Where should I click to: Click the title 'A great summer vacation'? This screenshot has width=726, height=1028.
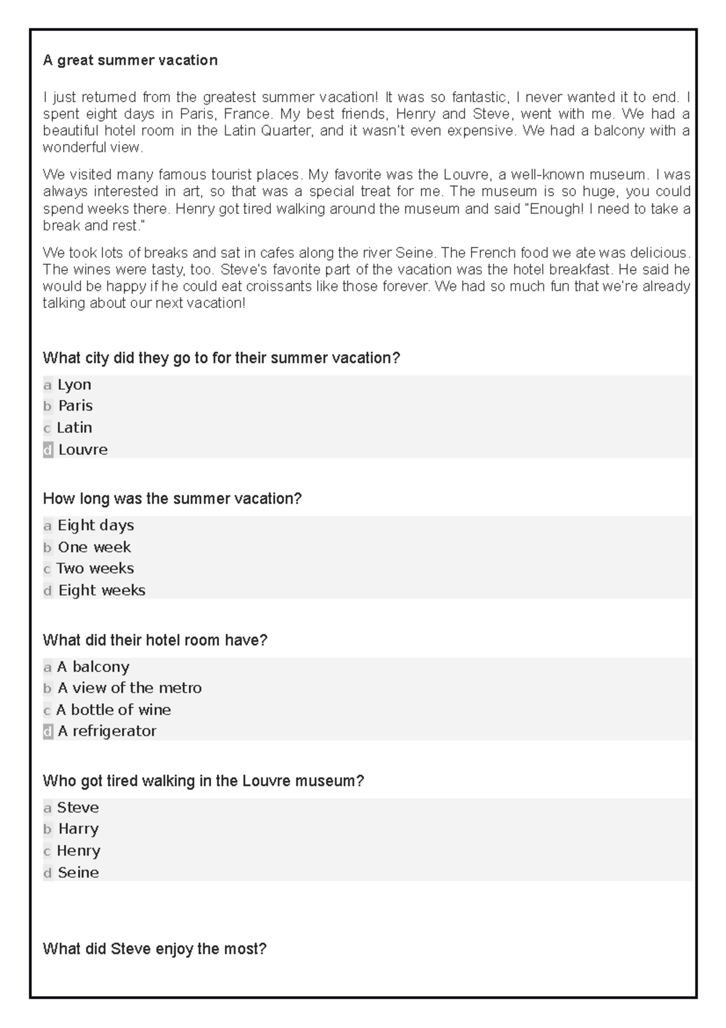tap(130, 61)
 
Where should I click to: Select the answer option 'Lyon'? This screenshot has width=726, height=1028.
tap(74, 385)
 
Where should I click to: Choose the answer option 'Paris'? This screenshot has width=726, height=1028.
tap(75, 406)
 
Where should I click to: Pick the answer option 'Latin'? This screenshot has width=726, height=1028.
tap(74, 428)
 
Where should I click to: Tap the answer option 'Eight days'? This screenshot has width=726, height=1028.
tap(96, 526)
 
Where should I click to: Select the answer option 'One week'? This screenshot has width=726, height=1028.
tap(94, 547)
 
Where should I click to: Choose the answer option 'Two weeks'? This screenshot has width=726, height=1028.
tap(95, 568)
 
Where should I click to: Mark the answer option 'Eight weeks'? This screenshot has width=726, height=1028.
tap(102, 590)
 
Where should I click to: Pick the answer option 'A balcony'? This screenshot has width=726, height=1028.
tap(93, 667)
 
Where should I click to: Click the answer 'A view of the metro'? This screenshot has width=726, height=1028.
tap(129, 688)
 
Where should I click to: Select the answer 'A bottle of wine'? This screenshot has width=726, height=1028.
tap(114, 710)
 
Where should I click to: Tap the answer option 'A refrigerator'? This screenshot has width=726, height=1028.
tap(107, 731)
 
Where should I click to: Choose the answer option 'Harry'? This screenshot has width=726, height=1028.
tap(78, 829)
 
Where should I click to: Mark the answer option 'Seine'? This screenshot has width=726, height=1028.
tap(78, 872)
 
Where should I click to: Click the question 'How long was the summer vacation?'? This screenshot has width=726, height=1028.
tap(172, 499)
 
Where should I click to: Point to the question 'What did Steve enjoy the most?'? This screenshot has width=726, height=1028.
tap(154, 949)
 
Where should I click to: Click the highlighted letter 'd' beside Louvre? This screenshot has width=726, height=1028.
tap(48, 450)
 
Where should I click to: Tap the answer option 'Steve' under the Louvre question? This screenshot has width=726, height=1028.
tap(77, 808)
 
